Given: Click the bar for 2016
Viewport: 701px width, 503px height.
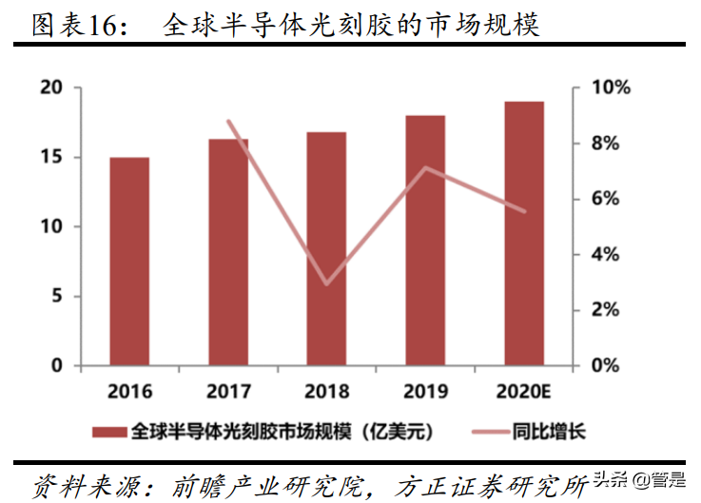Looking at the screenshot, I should pos(129,261).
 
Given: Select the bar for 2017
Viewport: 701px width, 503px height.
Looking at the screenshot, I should pos(228,253).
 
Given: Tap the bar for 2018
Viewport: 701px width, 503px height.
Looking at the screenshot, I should pos(327,249).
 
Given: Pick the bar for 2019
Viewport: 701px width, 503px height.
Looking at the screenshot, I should pos(426,241).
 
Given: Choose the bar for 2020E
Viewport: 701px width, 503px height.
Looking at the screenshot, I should pos(524,234).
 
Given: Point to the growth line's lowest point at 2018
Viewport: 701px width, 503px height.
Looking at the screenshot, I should pos(327,283).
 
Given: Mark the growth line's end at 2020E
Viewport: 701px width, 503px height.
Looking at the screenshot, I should pos(525,211).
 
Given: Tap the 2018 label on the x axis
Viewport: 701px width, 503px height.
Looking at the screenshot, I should pos(327,391).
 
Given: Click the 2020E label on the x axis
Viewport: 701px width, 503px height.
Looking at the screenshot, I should pos(524,391).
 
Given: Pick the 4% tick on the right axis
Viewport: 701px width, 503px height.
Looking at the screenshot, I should pos(604,255).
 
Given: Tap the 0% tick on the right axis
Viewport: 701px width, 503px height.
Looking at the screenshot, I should pos(604,366).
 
